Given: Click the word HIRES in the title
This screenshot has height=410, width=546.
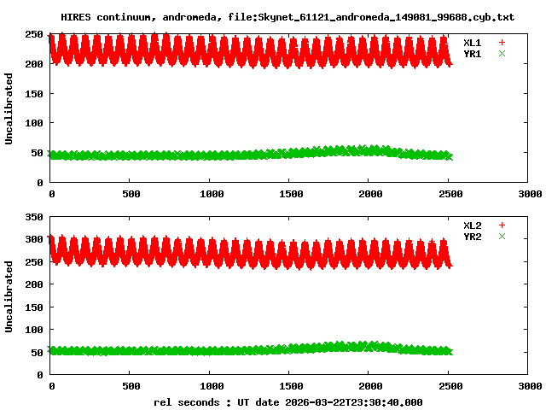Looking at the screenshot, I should click(75, 16).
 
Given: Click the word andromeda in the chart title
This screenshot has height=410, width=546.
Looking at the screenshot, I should click(183, 16).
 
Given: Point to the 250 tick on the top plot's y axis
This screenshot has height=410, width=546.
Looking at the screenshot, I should click(34, 34).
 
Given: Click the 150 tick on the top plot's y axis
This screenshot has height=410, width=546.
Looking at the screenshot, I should click(34, 93).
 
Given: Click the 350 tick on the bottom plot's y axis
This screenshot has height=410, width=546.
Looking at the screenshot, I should click(34, 218).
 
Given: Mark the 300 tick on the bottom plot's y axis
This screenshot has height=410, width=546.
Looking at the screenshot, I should click(34, 240).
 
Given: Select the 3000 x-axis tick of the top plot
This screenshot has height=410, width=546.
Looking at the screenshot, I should click(528, 194).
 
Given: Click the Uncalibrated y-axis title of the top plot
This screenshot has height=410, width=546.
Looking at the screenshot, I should click(9, 108).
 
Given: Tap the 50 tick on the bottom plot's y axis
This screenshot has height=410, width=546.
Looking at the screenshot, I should click(38, 352).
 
